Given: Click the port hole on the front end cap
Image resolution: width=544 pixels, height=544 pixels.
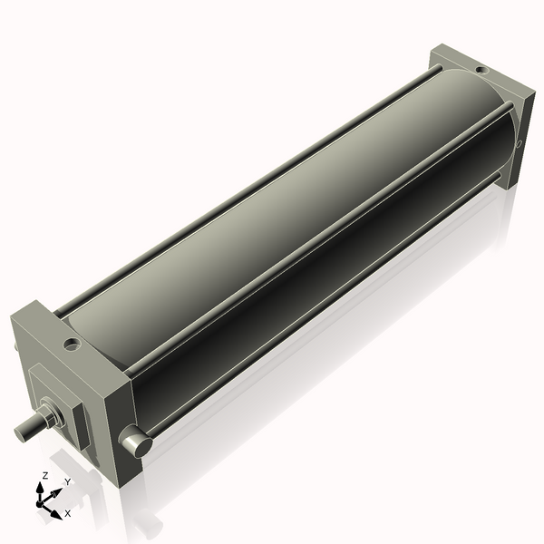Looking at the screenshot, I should pyautogui.click(x=70, y=345).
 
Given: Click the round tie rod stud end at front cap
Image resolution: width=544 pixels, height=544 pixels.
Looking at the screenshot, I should pyautogui.click(x=135, y=442).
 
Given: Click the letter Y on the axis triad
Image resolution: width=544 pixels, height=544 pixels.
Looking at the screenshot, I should pyautogui.click(x=67, y=481).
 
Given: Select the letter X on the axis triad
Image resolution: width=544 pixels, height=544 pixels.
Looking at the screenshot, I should pyautogui.click(x=67, y=513).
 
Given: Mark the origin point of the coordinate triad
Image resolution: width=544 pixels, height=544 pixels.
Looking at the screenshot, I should pyautogui.click(x=41, y=501).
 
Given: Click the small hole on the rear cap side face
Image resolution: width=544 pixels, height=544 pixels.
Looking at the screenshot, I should pyautogui.click(x=519, y=143).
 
